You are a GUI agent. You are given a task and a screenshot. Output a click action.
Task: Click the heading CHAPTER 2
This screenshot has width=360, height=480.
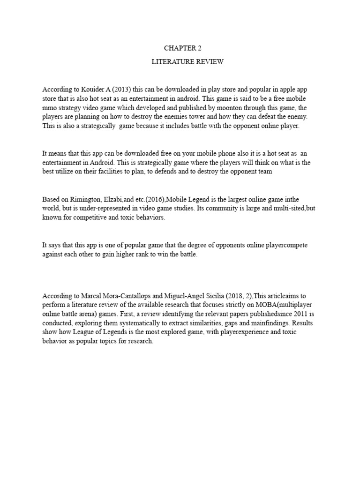[x=180, y=48]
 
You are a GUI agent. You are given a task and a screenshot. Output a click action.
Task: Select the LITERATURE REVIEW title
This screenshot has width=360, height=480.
[x=180, y=62]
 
